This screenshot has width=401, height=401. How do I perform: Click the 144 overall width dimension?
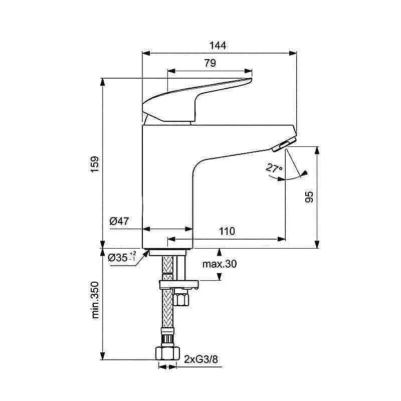click(218, 46)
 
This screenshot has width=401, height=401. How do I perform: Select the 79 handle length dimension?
click(210, 63)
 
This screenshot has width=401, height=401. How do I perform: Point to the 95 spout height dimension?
click(309, 196)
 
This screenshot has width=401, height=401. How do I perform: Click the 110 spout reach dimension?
click(227, 231)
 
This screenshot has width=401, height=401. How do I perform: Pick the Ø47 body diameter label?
click(119, 221)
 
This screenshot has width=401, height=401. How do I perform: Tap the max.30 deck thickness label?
click(220, 264)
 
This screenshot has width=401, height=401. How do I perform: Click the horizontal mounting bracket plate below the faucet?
click(178, 285)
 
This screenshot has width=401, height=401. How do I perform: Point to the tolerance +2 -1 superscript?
click(132, 256)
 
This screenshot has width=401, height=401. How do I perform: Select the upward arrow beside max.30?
click(219, 251)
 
